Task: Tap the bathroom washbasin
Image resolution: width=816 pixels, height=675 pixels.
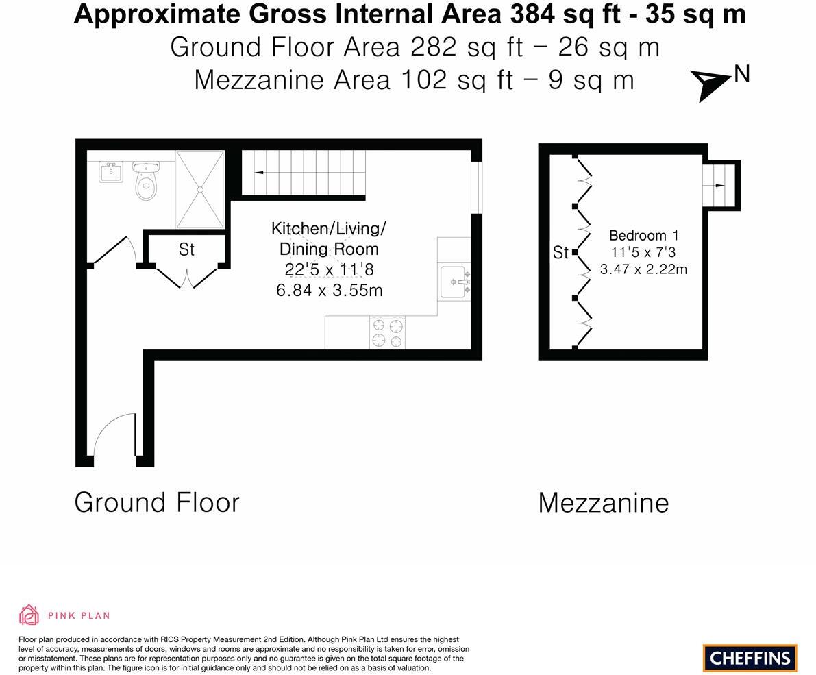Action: click(111, 171)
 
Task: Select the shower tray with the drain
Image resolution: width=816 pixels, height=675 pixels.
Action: click(200, 189)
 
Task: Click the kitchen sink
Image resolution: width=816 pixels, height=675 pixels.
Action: click(455, 282)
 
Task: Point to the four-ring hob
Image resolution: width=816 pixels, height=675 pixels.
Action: click(387, 333)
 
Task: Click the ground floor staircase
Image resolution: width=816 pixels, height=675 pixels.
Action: click(304, 173)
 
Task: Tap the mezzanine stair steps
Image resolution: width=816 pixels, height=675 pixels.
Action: click(718, 185)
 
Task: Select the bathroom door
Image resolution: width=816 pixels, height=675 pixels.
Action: click(112, 251)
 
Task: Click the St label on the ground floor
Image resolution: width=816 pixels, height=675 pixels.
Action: click(186, 249)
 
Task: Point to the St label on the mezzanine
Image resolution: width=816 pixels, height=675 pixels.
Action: click(560, 253)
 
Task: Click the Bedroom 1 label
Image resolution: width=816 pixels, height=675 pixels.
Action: click(643, 236)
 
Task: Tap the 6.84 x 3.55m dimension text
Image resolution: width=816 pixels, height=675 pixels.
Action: click(329, 291)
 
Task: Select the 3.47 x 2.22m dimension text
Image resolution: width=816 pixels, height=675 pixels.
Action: click(643, 269)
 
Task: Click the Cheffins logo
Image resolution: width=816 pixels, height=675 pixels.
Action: click(750, 658)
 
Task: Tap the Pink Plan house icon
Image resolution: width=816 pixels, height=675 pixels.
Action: click(29, 615)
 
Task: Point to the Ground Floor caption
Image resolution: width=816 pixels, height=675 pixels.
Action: click(157, 502)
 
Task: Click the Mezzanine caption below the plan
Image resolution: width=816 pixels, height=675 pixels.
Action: click(603, 503)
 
